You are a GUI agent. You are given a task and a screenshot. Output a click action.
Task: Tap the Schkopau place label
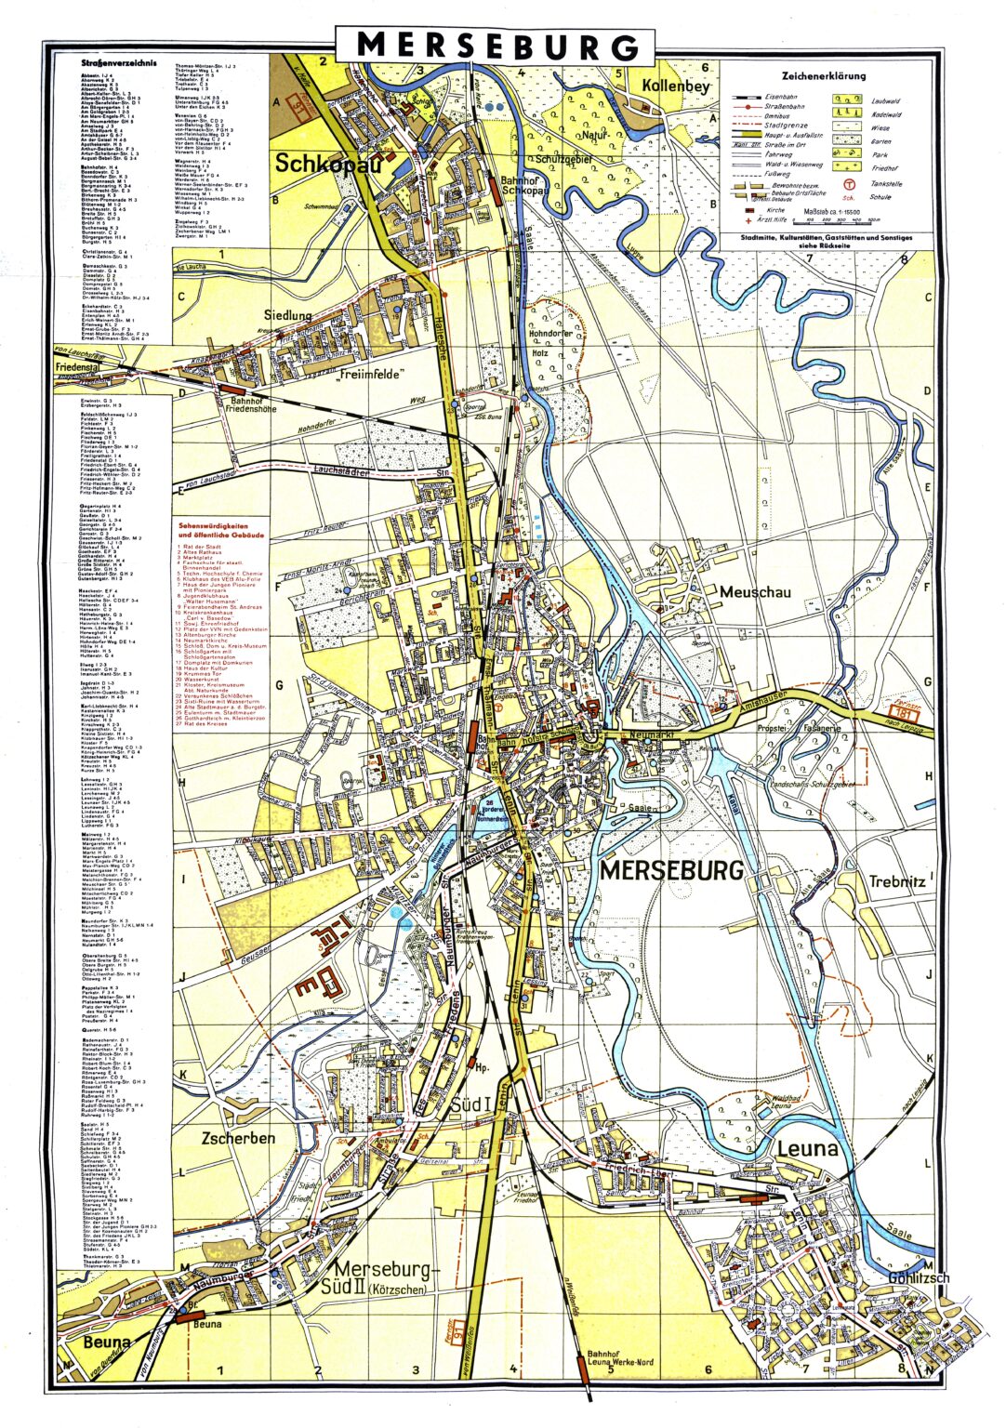click(x=317, y=164)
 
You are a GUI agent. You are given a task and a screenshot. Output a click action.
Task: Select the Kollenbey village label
click(x=675, y=86)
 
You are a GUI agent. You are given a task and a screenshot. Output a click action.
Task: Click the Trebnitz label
click(x=897, y=881)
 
